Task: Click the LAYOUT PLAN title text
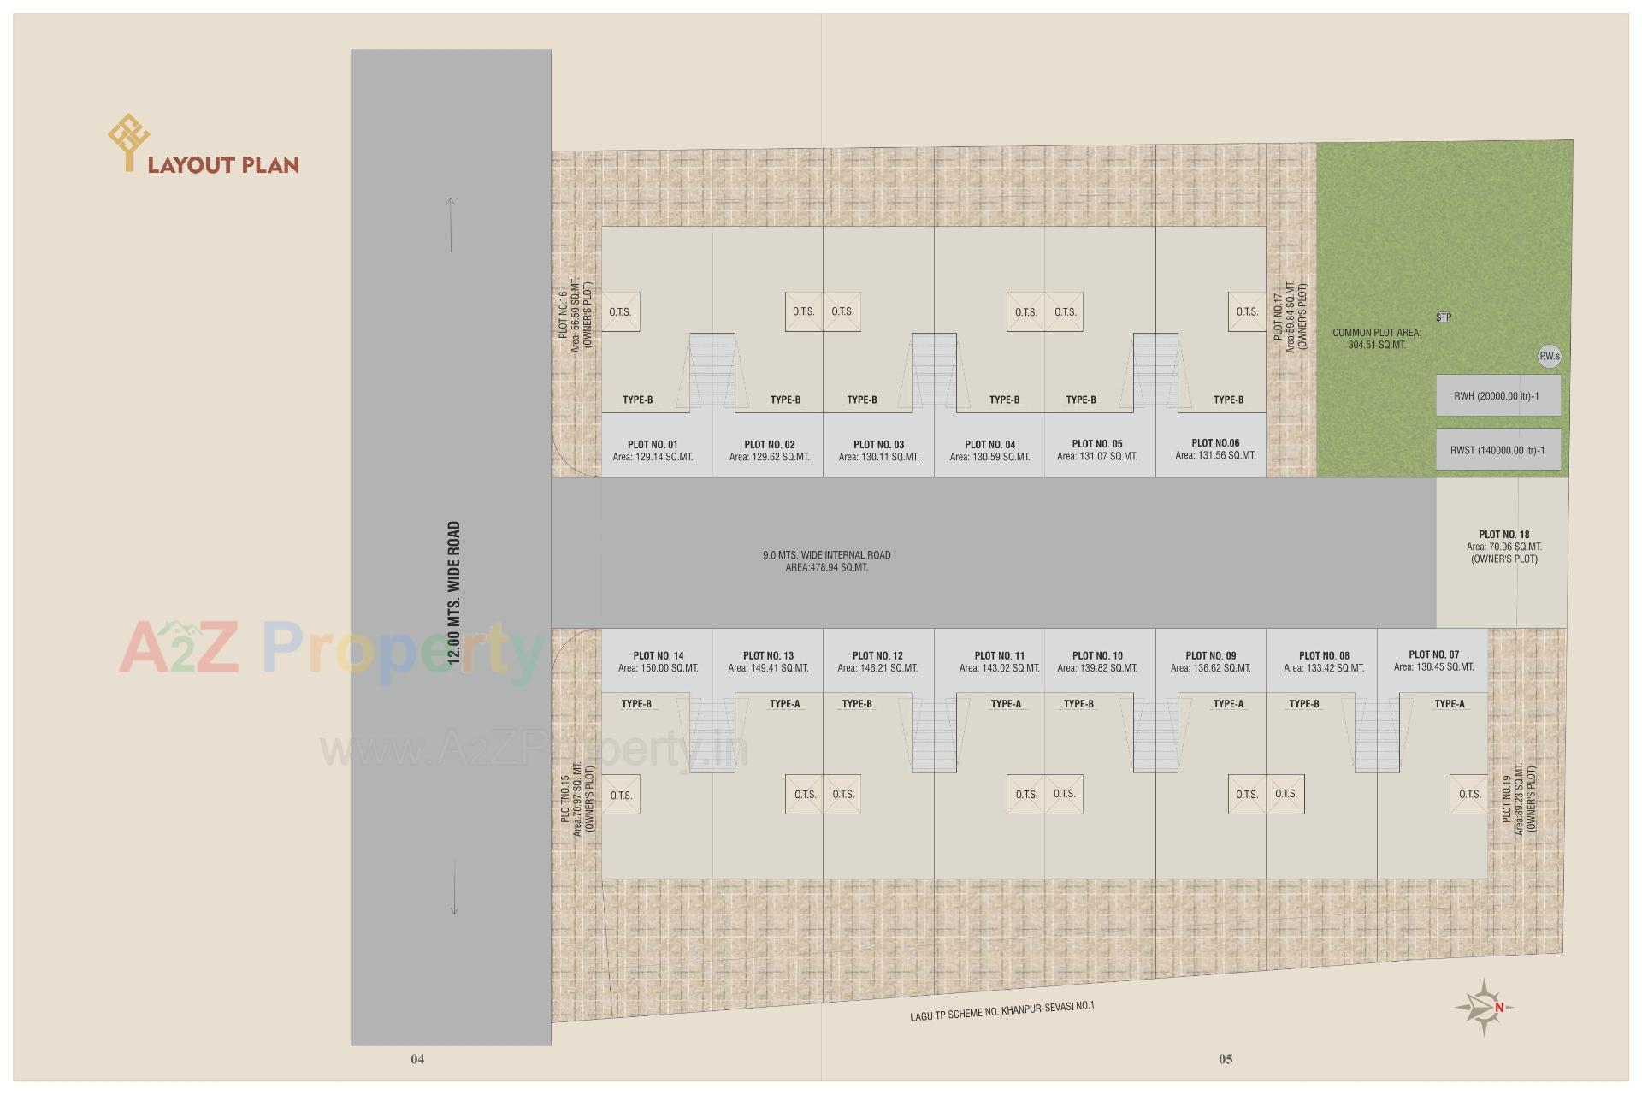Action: [x=223, y=164]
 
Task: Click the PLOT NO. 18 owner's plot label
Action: [x=1503, y=547]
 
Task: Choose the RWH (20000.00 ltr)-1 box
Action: [x=1497, y=396]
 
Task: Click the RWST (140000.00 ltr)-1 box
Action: [x=1497, y=450]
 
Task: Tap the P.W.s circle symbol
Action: [x=1549, y=357]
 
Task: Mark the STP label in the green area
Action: [x=1444, y=317]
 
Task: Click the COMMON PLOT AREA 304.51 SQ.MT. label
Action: [x=1377, y=339]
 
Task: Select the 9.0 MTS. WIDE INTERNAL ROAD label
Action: [x=827, y=561]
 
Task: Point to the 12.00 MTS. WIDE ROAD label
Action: [x=454, y=593]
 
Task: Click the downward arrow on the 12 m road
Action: [x=454, y=888]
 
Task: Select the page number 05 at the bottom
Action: [x=1226, y=1059]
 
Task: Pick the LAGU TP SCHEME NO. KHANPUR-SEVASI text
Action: [x=1001, y=1010]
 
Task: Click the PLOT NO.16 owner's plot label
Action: [x=575, y=314]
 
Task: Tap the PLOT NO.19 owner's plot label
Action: [x=1519, y=800]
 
